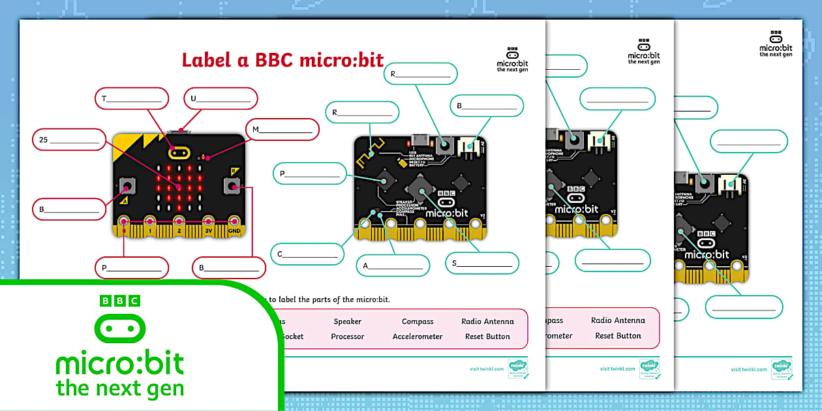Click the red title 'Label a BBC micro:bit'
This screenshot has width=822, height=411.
tap(282, 60)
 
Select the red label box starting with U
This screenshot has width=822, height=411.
tap(221, 99)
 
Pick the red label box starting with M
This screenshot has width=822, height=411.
tap(282, 129)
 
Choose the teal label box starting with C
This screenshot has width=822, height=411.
tap(307, 254)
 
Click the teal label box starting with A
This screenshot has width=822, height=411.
tap(393, 266)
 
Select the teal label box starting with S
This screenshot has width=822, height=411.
tap(482, 264)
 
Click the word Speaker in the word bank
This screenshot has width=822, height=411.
tap(347, 322)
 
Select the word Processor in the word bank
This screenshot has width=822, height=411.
tap(347, 337)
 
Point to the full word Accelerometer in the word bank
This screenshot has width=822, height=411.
tap(418, 337)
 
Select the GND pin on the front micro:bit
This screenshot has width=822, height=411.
tap(233, 224)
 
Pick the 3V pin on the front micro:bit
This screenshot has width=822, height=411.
tap(208, 224)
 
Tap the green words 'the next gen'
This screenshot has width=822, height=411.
tap(120, 388)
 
